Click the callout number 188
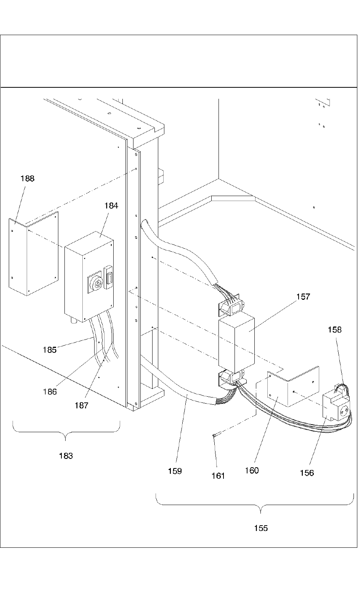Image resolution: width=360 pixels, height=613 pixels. (27, 179)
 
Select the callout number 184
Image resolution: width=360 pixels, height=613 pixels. (111, 206)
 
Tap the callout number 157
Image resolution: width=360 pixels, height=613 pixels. (304, 297)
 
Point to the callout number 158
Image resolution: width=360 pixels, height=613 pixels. (335, 330)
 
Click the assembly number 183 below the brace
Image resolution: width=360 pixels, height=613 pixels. (66, 456)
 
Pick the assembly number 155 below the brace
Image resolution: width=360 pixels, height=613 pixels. (261, 528)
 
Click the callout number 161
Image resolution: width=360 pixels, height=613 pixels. (218, 476)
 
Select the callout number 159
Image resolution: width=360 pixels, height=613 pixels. (175, 471)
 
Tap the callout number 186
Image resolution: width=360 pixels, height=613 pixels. (50, 392)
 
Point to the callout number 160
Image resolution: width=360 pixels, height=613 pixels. (252, 470)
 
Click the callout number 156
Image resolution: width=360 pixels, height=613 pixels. (307, 473)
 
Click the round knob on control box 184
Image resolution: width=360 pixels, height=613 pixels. (96, 285)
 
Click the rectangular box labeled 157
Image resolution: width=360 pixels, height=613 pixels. (236, 342)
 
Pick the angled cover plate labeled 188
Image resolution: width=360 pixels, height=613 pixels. (34, 254)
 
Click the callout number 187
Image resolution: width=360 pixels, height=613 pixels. (82, 405)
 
